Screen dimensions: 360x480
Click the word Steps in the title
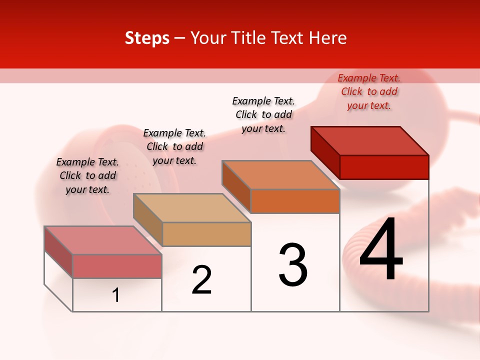click(147, 38)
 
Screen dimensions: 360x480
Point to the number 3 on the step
click(293, 264)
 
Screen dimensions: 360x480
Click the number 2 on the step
click(202, 280)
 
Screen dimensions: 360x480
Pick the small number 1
click(116, 295)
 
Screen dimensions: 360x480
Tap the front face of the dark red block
click(384, 167)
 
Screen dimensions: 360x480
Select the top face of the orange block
click(280, 175)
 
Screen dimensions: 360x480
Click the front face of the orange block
click(295, 201)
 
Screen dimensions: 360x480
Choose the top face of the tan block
click(191, 207)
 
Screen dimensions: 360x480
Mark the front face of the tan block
click(206, 234)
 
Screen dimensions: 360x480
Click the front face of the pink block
click(117, 266)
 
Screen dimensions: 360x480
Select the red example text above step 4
click(369, 91)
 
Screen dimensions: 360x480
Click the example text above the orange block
click(263, 114)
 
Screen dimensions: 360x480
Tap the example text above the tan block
click(174, 146)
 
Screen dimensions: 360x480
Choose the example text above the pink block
click(87, 175)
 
